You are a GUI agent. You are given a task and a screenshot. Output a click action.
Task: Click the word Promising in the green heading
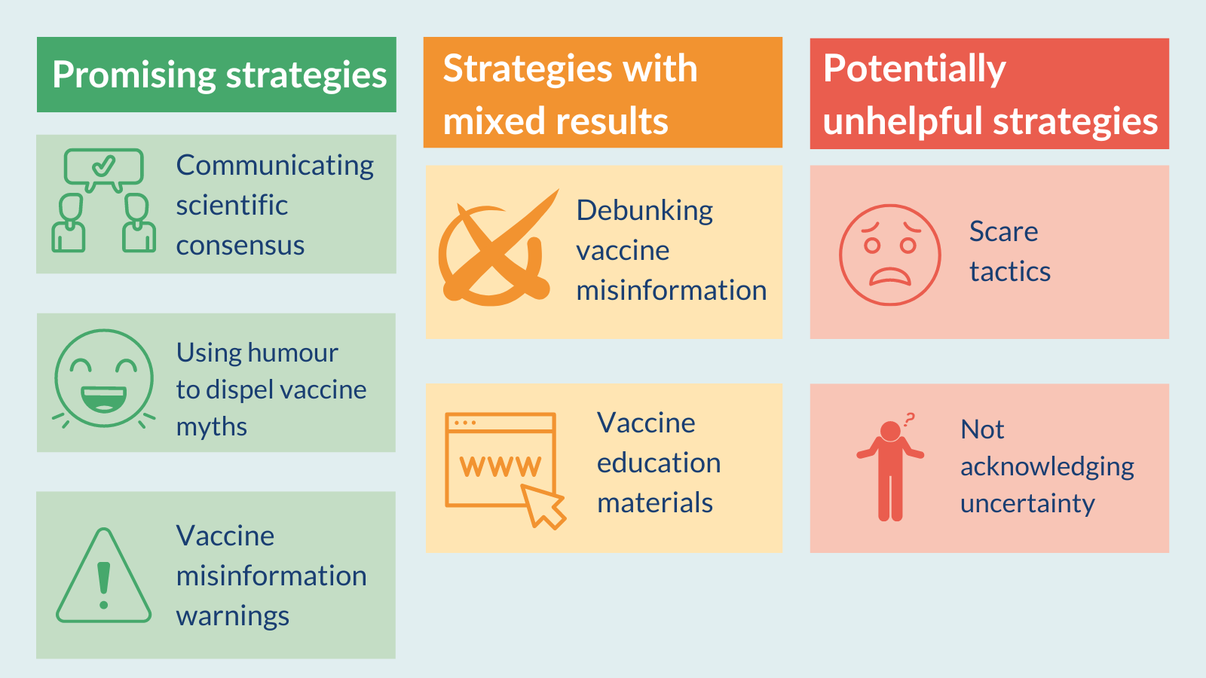pyautogui.click(x=134, y=75)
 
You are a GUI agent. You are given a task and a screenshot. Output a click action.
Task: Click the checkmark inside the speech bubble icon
pyautogui.click(x=103, y=166)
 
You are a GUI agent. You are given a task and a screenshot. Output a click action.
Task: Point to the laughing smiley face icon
pyautogui.click(x=104, y=379)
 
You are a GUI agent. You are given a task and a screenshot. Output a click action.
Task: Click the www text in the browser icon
pyautogui.click(x=500, y=466)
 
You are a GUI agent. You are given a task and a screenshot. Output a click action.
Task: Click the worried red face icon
pyautogui.click(x=890, y=255)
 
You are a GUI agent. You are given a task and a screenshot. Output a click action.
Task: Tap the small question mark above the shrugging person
pyautogui.click(x=910, y=420)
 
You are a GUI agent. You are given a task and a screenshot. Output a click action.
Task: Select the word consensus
pyautogui.click(x=240, y=246)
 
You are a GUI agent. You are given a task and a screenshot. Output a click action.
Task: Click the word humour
pyautogui.click(x=293, y=353)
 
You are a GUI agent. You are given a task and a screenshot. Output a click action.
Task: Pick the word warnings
pyautogui.click(x=233, y=617)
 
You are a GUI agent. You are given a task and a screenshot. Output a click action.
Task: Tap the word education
pyautogui.click(x=659, y=463)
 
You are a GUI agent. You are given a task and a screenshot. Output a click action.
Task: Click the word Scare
pyautogui.click(x=1003, y=231)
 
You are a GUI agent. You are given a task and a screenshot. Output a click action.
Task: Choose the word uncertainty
pyautogui.click(x=1027, y=504)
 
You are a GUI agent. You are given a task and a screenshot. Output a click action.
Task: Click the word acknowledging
pyautogui.click(x=1047, y=467)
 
